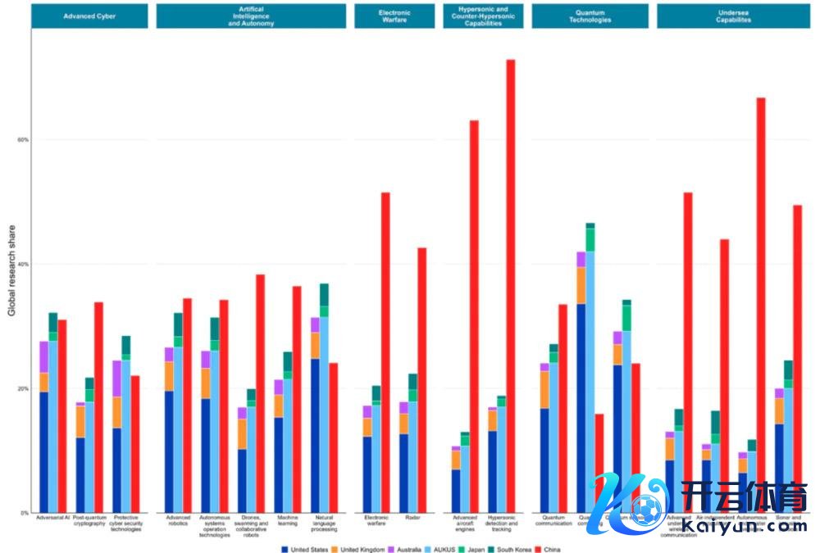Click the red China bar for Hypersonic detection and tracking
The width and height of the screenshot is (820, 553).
[x=510, y=287]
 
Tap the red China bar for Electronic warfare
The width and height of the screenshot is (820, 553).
[x=385, y=352]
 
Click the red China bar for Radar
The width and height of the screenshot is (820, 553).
[x=422, y=380]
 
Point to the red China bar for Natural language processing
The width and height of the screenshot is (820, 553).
[x=334, y=437]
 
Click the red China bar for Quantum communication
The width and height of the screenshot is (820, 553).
[x=563, y=409]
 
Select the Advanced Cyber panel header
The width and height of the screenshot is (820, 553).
[x=89, y=16]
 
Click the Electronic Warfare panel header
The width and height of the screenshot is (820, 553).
[x=394, y=16]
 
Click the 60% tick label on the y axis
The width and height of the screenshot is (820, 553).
[x=23, y=139]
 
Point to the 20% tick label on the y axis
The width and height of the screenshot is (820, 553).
[x=23, y=388]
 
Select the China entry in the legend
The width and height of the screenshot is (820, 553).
[x=547, y=549]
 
